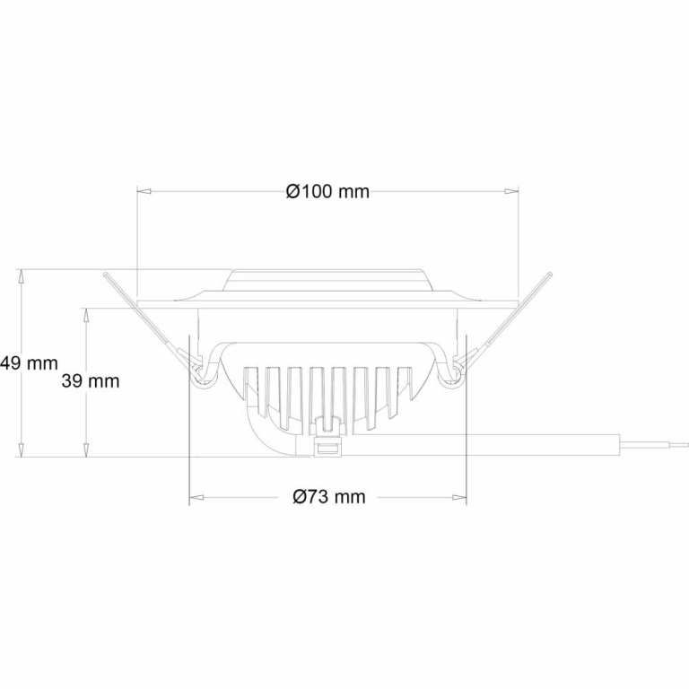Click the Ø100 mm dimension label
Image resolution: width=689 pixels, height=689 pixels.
(x=327, y=192)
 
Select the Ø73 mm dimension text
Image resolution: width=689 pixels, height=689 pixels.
(x=329, y=496)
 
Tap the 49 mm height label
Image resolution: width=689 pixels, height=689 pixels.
(x=29, y=363)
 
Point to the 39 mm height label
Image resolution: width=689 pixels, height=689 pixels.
(x=91, y=381)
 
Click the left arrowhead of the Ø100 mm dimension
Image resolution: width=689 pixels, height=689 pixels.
(x=144, y=191)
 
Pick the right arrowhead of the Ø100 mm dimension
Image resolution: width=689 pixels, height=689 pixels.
(x=511, y=191)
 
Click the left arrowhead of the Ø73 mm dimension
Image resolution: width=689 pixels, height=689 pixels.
(x=196, y=497)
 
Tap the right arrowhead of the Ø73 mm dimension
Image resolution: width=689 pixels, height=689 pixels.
(x=459, y=497)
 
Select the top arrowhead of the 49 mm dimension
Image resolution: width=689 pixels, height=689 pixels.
(x=21, y=276)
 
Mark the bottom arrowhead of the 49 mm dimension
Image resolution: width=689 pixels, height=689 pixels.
(x=21, y=449)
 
